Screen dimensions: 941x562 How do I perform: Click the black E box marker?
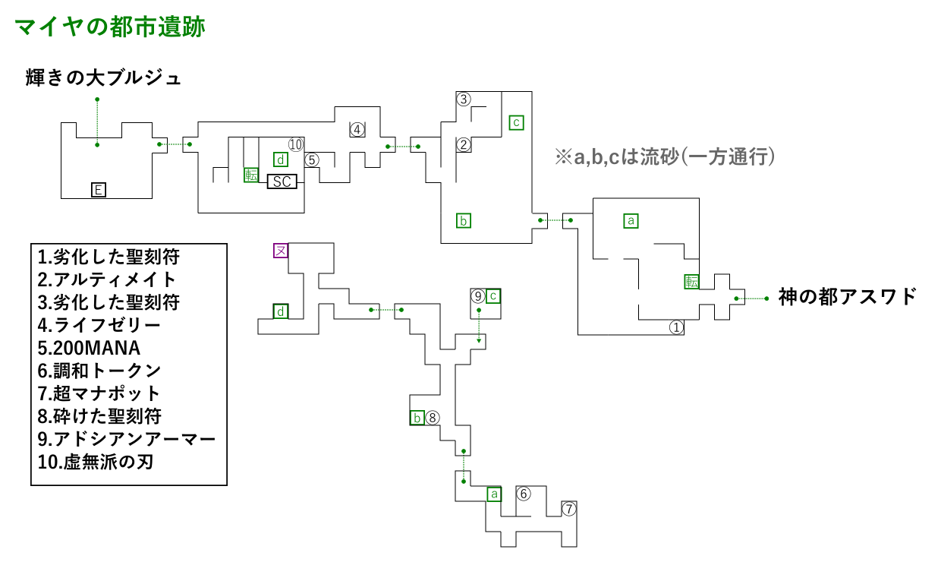click(x=99, y=190)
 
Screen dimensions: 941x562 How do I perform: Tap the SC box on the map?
click(x=282, y=182)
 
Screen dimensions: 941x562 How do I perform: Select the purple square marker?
click(x=281, y=251)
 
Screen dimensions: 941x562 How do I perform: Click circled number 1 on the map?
click(x=676, y=327)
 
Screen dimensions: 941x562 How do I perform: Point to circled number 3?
click(x=464, y=99)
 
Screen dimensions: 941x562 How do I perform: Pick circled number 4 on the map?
click(x=357, y=129)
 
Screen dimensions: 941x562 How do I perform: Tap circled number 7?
click(x=569, y=509)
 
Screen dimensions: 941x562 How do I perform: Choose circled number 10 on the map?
click(x=296, y=144)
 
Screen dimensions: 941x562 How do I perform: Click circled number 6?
click(x=524, y=494)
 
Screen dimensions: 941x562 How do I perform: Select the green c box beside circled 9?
click(x=493, y=296)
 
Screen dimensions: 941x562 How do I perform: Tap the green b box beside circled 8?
click(x=417, y=418)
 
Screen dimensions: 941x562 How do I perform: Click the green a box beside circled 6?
click(x=494, y=494)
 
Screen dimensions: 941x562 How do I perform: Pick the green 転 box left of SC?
click(x=251, y=175)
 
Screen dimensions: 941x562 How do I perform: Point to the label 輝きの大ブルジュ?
click(x=103, y=78)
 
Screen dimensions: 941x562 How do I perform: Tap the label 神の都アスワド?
click(x=847, y=297)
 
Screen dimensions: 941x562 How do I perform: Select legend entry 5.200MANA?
click(x=89, y=348)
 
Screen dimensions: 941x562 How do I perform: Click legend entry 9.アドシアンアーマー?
click(x=127, y=439)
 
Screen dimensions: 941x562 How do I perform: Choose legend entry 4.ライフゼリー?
click(x=99, y=325)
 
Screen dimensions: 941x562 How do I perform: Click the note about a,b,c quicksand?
click(x=665, y=157)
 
